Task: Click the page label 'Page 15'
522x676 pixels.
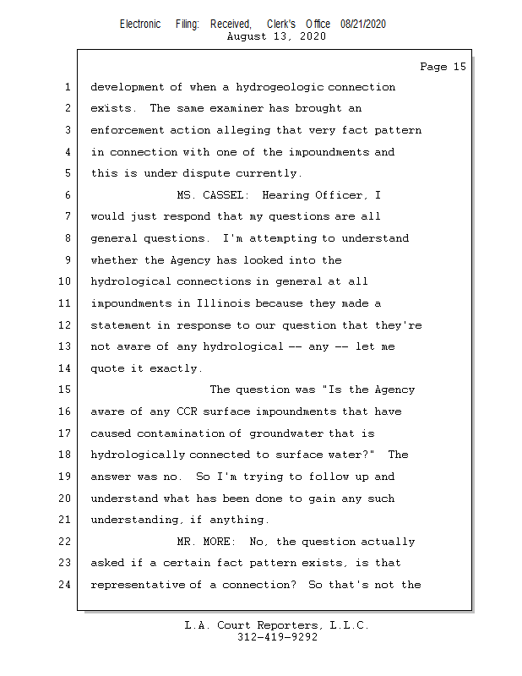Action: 443,67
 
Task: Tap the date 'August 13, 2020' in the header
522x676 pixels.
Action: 276,36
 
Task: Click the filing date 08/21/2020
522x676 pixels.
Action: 363,25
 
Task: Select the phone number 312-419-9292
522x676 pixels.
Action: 277,637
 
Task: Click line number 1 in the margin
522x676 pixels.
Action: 68,88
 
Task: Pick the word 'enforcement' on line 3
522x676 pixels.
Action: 127,130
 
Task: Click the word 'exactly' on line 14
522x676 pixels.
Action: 177,368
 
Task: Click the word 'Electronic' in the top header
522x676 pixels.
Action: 140,25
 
